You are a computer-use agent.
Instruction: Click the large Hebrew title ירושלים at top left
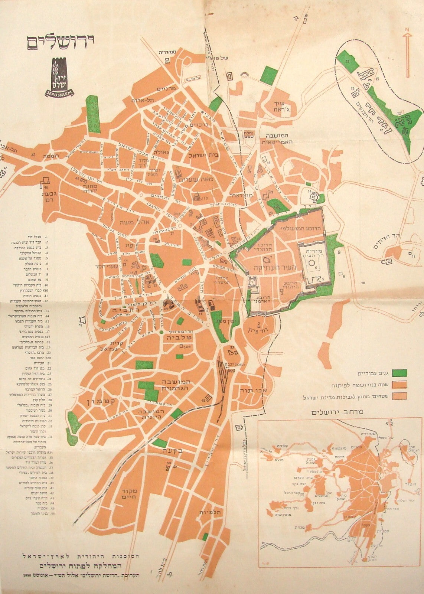pos(59,41)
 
